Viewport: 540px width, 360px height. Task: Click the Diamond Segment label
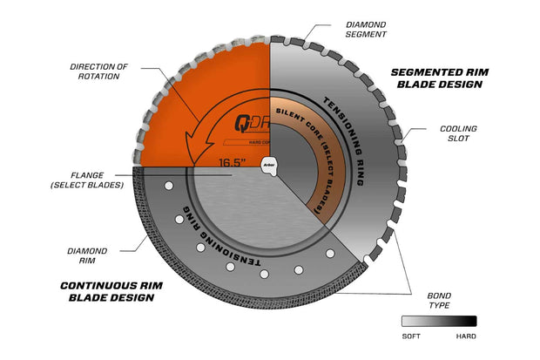[x=366, y=31]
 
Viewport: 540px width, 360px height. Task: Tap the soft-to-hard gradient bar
[x=439, y=320]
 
